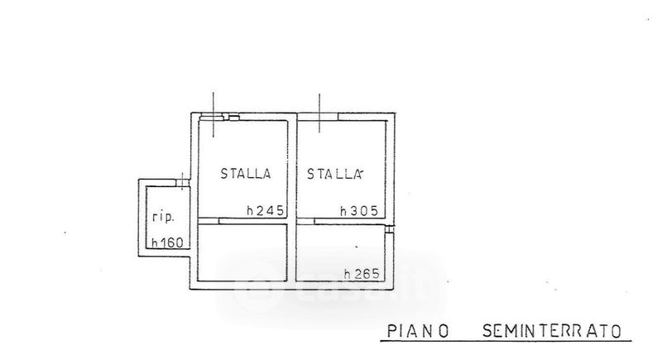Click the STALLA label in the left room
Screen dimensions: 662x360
(246, 174)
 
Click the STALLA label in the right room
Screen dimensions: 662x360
(336, 174)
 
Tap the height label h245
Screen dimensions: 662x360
(265, 210)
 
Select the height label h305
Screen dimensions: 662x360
(359, 210)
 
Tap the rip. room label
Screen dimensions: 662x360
(161, 218)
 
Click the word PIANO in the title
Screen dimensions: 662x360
(418, 330)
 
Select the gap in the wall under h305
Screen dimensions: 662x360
(307, 220)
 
